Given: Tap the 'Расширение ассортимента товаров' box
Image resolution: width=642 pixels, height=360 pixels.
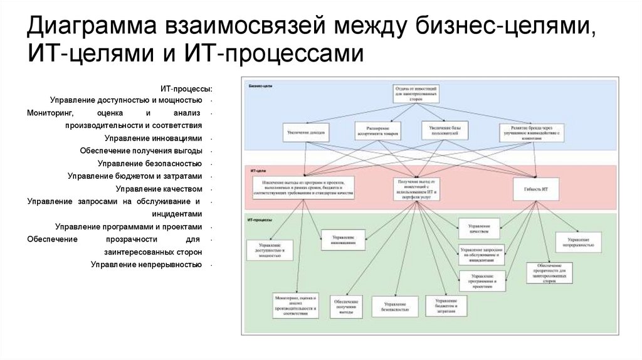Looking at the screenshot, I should [377, 131].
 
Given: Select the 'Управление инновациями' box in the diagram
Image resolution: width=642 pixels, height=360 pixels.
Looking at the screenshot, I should [343, 240].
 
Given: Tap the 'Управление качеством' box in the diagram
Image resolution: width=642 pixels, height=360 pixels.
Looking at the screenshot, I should [480, 227].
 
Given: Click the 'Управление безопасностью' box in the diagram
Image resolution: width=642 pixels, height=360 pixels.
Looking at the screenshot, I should [394, 305].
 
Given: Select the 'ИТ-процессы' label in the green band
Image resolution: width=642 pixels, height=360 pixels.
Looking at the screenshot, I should [260, 219].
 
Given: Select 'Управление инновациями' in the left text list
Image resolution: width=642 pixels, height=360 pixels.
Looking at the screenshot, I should [154, 138].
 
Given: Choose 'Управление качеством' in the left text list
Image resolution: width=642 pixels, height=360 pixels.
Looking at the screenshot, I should [159, 188].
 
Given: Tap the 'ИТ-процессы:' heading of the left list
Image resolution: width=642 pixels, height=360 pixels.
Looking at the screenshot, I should [186, 88].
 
